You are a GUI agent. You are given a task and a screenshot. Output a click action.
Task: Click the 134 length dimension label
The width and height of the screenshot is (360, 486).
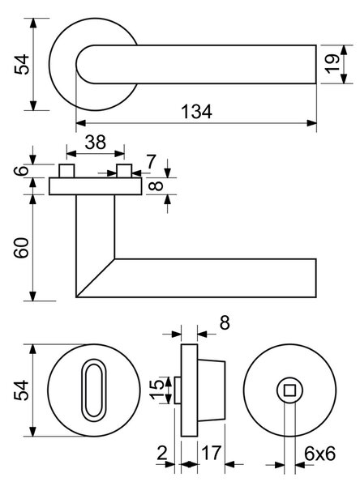click(196, 112)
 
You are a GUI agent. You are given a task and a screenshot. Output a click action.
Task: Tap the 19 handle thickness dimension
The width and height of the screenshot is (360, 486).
click(332, 64)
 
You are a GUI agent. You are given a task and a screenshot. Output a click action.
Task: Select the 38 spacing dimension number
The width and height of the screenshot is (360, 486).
click(96, 143)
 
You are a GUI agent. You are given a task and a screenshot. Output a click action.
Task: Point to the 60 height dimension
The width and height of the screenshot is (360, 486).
click(22, 248)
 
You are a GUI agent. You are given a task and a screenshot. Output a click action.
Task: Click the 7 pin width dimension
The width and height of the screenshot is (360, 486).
click(151, 162)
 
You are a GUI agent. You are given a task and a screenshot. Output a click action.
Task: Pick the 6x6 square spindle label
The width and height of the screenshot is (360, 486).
click(319, 454)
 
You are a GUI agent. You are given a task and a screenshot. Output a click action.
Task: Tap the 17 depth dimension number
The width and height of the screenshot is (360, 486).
click(212, 453)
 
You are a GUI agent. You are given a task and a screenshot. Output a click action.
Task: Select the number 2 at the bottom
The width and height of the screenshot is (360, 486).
click(162, 453)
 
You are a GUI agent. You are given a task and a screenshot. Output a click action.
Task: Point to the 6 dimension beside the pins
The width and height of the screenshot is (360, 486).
click(22, 170)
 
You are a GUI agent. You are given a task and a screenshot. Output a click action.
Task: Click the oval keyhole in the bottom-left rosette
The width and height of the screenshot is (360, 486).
click(94, 390)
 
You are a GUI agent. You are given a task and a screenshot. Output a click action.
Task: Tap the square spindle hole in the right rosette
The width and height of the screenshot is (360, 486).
click(289, 390)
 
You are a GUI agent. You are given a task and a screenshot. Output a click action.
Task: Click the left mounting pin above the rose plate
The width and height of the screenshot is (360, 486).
click(66, 171)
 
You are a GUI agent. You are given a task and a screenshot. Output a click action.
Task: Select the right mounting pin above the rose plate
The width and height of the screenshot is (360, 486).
click(124, 171)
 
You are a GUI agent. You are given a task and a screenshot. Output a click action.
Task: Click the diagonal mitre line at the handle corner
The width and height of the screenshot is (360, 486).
click(96, 278)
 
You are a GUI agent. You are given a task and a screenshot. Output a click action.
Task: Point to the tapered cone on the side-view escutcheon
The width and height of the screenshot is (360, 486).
click(212, 390)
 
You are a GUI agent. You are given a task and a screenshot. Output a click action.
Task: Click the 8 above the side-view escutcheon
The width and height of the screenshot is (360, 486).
click(225, 322)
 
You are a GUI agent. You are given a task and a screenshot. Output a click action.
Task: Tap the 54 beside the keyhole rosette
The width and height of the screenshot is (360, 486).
click(22, 390)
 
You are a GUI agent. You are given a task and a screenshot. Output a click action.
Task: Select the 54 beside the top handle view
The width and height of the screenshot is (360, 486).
click(22, 65)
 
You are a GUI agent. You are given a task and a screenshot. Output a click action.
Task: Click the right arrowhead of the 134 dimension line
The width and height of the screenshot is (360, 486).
click(312, 123)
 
